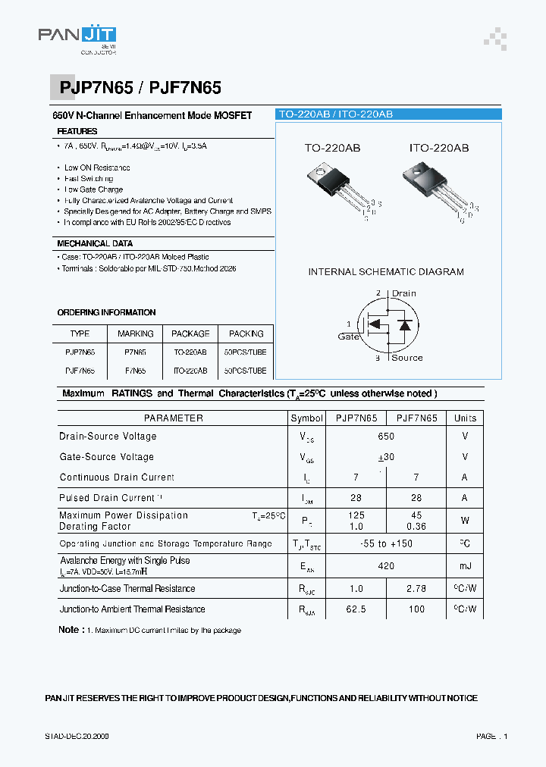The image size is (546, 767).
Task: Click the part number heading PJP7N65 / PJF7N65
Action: [x=140, y=88]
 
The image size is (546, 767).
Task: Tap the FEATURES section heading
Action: [x=77, y=132]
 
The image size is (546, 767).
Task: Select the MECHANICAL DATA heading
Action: [x=95, y=243]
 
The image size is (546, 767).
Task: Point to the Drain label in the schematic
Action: [x=403, y=293]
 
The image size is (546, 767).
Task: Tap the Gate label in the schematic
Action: [x=349, y=337]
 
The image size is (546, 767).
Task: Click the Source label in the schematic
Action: [x=406, y=358]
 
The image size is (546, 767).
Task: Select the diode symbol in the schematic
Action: [x=406, y=325]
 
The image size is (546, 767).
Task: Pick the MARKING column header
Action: [x=136, y=333]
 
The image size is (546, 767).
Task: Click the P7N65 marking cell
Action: [x=136, y=352]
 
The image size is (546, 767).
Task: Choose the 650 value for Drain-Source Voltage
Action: [x=386, y=437]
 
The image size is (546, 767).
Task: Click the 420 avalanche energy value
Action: [x=386, y=566]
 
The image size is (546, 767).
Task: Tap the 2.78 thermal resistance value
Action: [x=416, y=589]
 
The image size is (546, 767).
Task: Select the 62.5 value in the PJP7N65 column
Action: [x=356, y=609]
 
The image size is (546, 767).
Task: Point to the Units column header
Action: [x=465, y=418]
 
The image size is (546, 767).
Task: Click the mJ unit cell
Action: [x=465, y=566]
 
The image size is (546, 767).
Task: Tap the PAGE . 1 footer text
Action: [x=491, y=736]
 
